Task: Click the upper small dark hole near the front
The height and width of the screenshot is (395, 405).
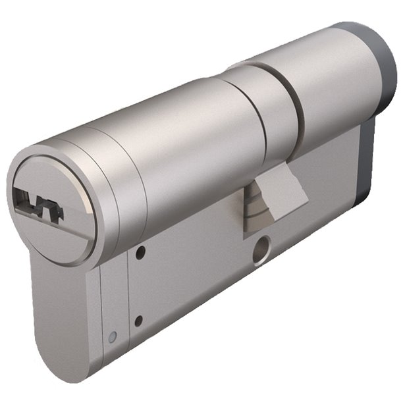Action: pos(140,251)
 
